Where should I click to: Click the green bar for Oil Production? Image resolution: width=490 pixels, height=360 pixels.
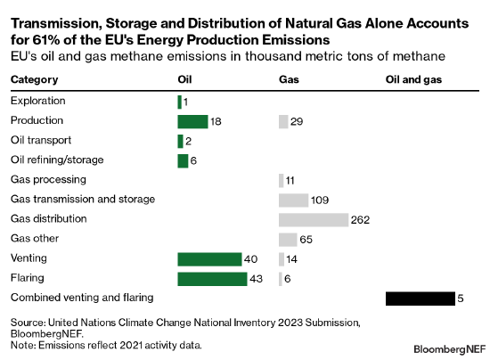point(192,121)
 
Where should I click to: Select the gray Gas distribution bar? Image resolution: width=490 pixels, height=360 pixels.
point(314,220)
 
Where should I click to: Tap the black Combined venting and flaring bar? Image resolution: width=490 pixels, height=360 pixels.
point(421,299)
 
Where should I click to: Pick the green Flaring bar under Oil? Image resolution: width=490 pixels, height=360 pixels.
point(213,279)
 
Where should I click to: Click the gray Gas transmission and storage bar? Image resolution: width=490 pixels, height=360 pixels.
point(293,200)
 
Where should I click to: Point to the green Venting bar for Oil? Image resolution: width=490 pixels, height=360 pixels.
point(209,259)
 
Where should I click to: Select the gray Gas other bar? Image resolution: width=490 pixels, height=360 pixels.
point(288,240)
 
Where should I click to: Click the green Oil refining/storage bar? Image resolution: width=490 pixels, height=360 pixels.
point(183,161)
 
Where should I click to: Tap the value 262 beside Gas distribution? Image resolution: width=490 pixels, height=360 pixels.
point(360,220)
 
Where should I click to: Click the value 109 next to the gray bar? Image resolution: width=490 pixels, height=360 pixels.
point(320,200)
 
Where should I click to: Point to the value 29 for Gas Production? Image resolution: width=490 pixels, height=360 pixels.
point(297,122)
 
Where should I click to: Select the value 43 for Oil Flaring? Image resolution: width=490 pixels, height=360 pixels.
point(256,279)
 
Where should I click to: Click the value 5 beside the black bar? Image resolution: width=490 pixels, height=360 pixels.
point(461,299)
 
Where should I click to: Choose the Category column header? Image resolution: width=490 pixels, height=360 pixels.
point(35,79)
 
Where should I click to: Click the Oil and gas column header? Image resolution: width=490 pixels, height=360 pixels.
point(413,79)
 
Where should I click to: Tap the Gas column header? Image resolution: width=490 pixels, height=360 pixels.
point(289,79)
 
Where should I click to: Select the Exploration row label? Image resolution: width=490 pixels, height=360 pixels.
point(38,101)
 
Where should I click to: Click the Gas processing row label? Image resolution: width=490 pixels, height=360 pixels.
point(48,180)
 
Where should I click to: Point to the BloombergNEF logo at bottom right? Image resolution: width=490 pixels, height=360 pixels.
point(450,349)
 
